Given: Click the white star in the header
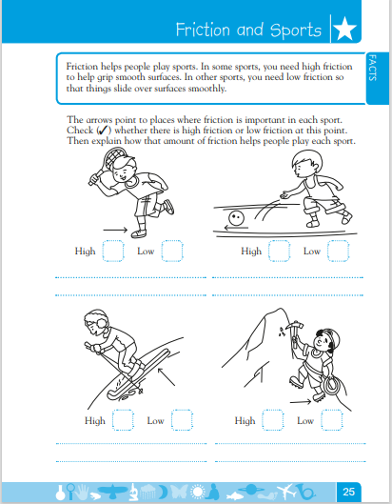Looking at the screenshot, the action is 344,29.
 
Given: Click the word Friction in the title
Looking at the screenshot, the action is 203,30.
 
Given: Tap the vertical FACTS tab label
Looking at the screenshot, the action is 372,68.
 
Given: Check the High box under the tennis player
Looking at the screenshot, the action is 113,251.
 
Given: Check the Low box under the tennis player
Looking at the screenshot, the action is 172,251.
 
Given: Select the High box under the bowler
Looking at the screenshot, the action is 280,251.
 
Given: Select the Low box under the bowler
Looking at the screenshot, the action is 339,251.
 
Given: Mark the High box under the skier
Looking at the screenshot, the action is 123,420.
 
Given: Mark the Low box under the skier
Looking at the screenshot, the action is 182,420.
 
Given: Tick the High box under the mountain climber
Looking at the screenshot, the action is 273,420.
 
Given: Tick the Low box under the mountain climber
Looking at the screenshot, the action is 332,420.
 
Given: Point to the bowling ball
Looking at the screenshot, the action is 236,218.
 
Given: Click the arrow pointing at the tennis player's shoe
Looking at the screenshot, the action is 115,230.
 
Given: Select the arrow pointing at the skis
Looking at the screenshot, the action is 167,376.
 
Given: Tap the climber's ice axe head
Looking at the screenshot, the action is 294,325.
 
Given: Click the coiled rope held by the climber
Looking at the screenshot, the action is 332,387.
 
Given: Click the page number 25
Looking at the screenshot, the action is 348,492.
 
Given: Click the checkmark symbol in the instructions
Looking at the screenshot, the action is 104,131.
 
